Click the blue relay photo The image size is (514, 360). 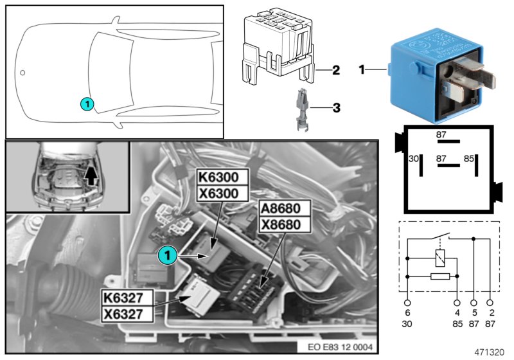click(437, 76)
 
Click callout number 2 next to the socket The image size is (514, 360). click(335, 69)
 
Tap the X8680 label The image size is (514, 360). click(284, 224)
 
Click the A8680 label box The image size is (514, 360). click(284, 208)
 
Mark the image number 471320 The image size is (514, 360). click(490, 352)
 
